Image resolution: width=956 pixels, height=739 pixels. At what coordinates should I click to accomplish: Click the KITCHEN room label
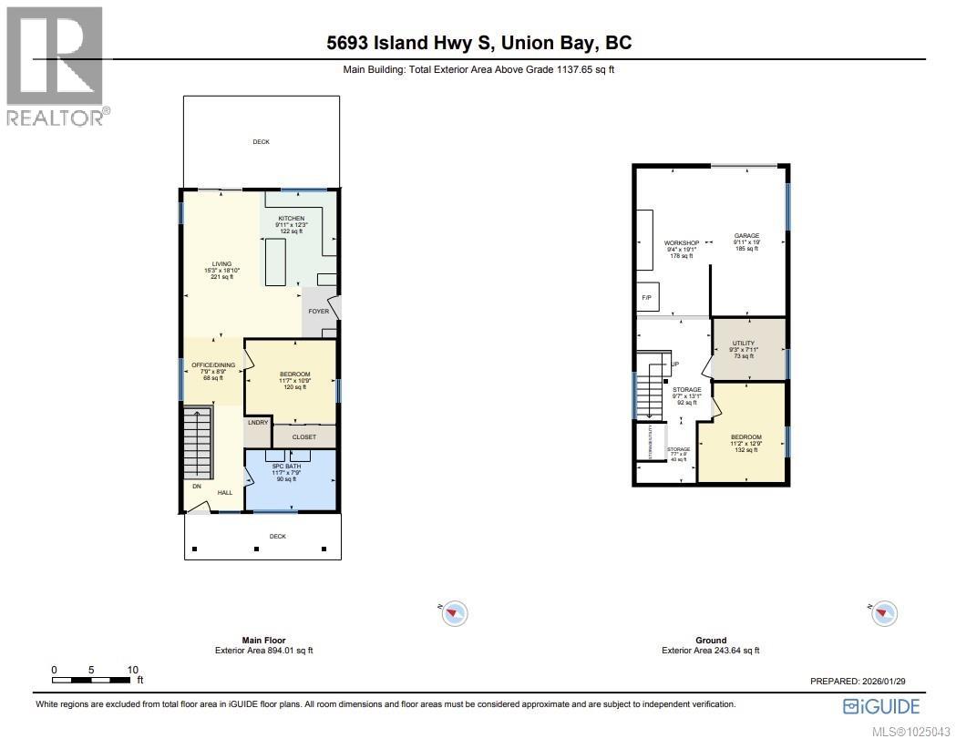pos(292,219)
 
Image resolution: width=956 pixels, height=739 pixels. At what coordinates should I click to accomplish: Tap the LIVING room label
pos(222,264)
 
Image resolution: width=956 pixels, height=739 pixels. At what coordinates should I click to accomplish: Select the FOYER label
pos(318,312)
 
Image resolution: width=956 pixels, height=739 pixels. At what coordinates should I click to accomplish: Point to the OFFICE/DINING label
pos(213,365)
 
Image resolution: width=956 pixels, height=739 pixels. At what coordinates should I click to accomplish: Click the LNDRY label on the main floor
pos(257,423)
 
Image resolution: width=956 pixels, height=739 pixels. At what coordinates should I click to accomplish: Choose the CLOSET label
pos(304,437)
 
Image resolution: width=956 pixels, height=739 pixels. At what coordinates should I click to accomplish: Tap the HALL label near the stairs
pos(224,493)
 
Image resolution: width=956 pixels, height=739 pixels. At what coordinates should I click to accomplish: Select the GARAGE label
pos(746,236)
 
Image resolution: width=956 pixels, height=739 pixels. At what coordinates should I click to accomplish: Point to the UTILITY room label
pos(744,344)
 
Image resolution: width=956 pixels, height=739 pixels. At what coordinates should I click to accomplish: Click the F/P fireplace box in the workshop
pos(647,298)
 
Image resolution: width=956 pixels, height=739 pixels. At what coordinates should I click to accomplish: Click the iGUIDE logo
pos(881,706)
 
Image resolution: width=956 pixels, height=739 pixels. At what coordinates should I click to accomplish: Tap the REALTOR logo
pos(55,64)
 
